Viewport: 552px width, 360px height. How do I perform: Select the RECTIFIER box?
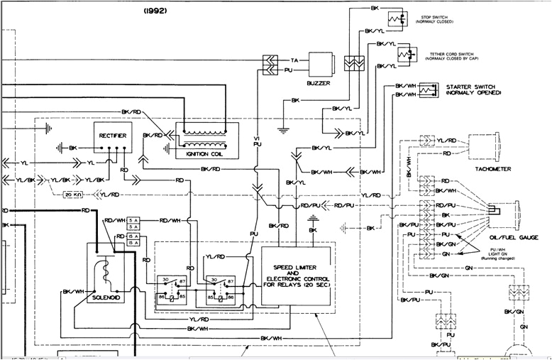click(x=112, y=135)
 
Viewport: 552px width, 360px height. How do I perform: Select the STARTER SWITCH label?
click(x=473, y=89)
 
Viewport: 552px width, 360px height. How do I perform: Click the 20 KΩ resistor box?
click(x=73, y=194)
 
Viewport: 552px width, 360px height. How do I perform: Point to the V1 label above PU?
click(x=258, y=136)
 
